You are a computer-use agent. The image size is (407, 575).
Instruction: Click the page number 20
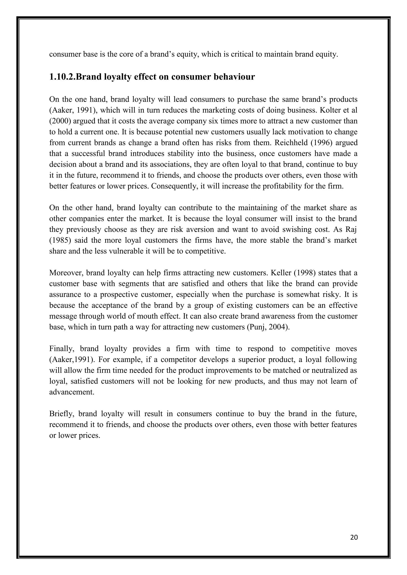click(x=354, y=537)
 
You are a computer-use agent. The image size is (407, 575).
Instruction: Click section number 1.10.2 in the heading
click(x=62, y=77)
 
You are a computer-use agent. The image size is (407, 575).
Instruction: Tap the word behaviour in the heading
click(x=234, y=77)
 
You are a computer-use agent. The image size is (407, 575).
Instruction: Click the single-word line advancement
click(x=72, y=392)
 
